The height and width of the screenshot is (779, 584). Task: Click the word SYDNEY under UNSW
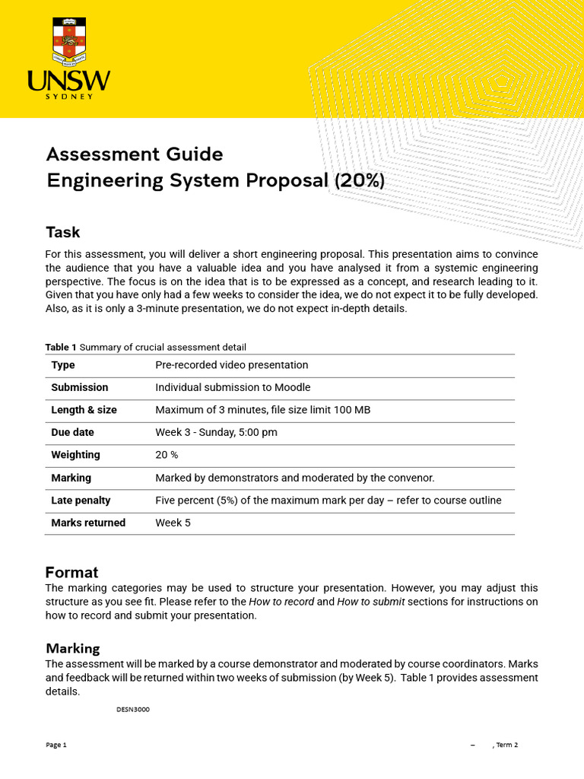click(x=69, y=97)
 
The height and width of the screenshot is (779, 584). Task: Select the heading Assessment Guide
click(x=135, y=154)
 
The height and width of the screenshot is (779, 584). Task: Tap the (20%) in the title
click(x=360, y=181)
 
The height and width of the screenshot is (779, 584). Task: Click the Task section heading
click(x=62, y=232)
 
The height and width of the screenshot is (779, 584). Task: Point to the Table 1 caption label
click(x=61, y=347)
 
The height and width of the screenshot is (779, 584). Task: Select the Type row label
click(x=63, y=365)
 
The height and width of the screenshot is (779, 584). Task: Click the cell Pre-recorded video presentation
click(x=232, y=365)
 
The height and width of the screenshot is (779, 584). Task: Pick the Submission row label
click(x=80, y=387)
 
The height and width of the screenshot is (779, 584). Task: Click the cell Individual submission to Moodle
click(x=233, y=387)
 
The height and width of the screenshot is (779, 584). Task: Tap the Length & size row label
click(x=84, y=410)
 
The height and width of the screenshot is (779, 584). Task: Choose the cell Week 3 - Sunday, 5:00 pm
click(x=216, y=432)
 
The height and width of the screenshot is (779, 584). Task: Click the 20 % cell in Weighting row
click(x=167, y=455)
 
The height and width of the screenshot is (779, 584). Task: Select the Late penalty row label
click(x=81, y=500)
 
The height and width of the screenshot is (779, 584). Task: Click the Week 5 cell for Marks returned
click(x=173, y=523)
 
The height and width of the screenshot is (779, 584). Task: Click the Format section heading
click(x=71, y=572)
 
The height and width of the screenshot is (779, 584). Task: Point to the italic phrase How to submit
click(x=371, y=602)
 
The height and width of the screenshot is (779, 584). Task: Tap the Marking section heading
click(x=73, y=648)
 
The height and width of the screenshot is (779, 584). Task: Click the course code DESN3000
click(x=133, y=709)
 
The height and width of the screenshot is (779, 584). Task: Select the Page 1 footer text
click(x=56, y=745)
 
